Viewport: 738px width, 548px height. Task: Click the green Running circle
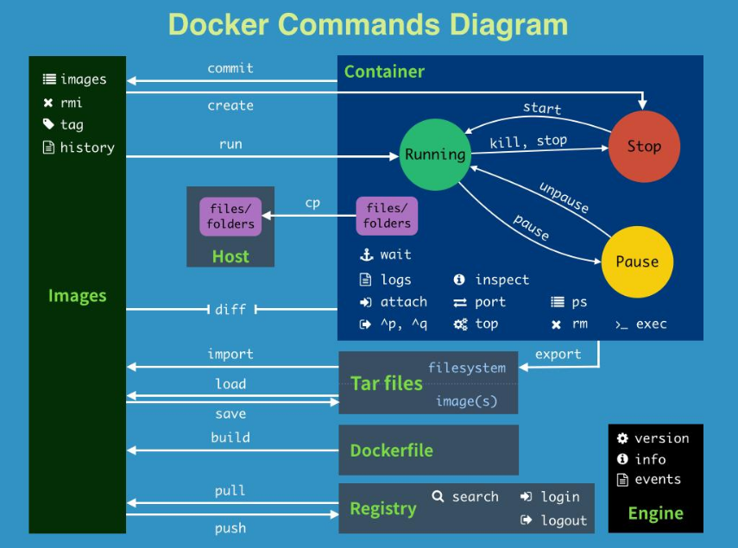[x=434, y=154]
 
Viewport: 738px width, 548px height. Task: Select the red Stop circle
[x=644, y=146]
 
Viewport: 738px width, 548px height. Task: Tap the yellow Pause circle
[x=637, y=261]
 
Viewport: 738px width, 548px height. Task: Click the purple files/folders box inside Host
[x=230, y=217]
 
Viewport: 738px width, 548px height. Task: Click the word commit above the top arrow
[x=230, y=68]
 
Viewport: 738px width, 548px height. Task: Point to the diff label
[x=230, y=309]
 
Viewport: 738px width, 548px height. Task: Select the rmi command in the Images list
[x=72, y=103]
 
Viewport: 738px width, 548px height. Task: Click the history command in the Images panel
[x=86, y=148]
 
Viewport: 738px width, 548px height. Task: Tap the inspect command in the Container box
[x=501, y=280]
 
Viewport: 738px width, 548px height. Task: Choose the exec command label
[x=651, y=324]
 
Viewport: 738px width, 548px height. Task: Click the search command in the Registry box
[x=475, y=496]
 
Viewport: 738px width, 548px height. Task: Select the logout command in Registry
[x=563, y=520]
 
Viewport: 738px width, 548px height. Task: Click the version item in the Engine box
[x=661, y=438]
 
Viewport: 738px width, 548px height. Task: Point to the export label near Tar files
[x=558, y=354]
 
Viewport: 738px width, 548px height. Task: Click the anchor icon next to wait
[x=365, y=255]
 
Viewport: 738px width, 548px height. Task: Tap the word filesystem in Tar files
[x=466, y=368]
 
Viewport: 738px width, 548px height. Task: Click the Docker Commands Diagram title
[x=369, y=24]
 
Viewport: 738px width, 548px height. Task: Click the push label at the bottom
[x=230, y=528]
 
